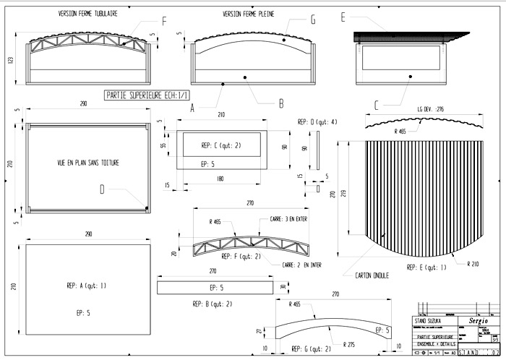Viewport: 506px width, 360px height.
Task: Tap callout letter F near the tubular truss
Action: (164, 22)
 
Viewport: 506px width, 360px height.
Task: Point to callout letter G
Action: (313, 21)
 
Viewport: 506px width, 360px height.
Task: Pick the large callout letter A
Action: (192, 108)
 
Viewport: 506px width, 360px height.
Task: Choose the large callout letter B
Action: (280, 103)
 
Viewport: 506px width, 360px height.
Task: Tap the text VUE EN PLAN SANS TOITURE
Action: (88, 163)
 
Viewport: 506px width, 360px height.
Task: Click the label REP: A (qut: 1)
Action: (86, 286)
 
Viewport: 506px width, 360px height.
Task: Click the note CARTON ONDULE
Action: (372, 275)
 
